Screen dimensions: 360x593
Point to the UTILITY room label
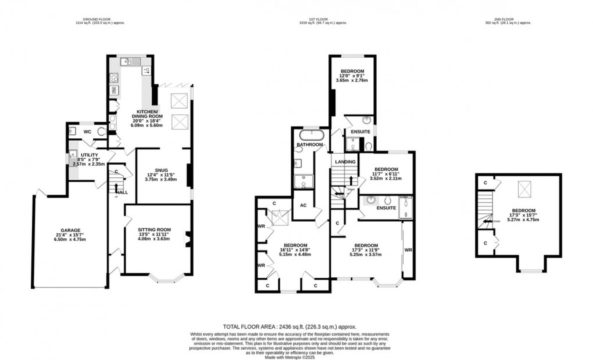81,155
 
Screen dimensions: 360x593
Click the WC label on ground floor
88,131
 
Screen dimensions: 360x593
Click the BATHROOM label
310,144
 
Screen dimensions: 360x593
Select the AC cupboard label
303,205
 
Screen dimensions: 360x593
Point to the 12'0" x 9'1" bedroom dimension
352,77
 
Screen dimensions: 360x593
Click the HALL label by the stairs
122,193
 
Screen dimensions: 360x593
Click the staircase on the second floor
484,209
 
